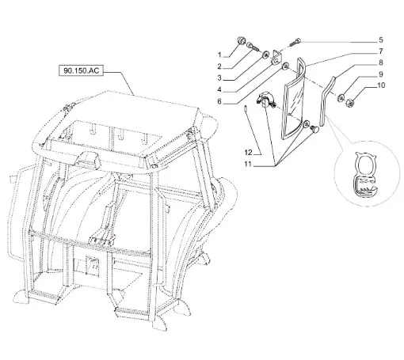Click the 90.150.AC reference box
(81, 70)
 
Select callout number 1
(219, 55)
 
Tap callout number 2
(219, 66)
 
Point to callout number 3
(219, 78)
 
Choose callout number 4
(219, 89)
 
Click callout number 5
(381, 40)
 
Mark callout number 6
(219, 101)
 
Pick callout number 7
(381, 51)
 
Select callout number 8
(381, 63)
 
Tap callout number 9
(381, 74)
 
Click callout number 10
(381, 85)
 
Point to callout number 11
(248, 164)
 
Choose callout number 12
(248, 153)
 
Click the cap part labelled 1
(241, 41)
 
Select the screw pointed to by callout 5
(295, 42)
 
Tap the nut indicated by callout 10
(349, 103)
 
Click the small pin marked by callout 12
(246, 108)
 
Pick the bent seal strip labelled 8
(327, 100)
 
